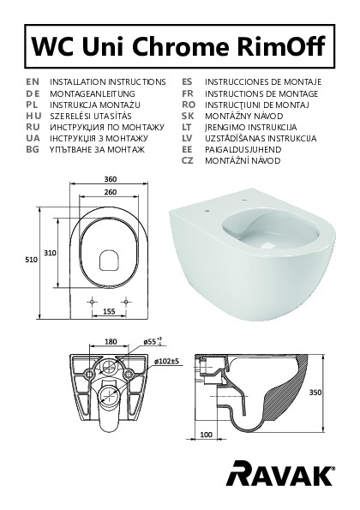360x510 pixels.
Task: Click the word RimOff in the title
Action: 281,46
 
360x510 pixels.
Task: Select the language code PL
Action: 33,105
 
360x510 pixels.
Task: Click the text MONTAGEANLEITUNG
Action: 93,93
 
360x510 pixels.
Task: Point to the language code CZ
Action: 188,160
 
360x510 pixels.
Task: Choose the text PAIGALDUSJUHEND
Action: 243,149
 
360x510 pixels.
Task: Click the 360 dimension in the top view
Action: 111,179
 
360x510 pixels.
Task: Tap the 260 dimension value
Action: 111,192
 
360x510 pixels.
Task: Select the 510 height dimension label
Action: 32,260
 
